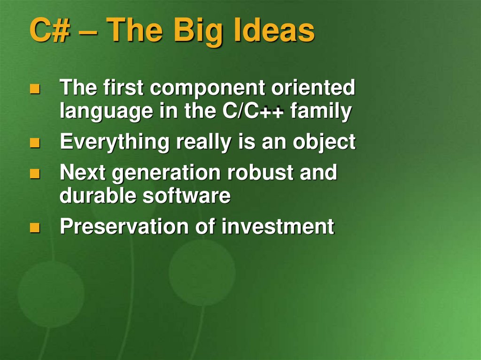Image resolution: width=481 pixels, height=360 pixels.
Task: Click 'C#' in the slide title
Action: pyautogui.click(x=50, y=30)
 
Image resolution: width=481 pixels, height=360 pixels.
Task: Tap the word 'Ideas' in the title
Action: pyautogui.click(x=274, y=30)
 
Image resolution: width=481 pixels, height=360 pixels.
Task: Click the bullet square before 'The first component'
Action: pyautogui.click(x=35, y=89)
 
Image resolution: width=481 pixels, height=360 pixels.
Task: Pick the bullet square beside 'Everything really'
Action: pyautogui.click(x=35, y=143)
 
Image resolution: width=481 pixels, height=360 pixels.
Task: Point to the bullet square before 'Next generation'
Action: pyautogui.click(x=35, y=173)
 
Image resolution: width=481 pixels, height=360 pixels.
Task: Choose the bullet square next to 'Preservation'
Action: pyautogui.click(x=35, y=228)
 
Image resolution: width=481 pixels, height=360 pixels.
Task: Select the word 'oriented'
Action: pyautogui.click(x=313, y=87)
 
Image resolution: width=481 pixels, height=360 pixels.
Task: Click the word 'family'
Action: pyautogui.click(x=321, y=111)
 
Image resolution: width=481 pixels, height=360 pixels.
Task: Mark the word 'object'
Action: pyautogui.click(x=324, y=142)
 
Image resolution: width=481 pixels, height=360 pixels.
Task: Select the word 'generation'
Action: pyautogui.click(x=166, y=173)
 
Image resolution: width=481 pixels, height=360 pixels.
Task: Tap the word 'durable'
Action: pyautogui.click(x=98, y=195)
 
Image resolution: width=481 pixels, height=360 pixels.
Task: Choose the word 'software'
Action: pyautogui.click(x=186, y=196)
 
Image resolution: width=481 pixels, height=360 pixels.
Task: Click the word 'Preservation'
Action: pyautogui.click(x=124, y=226)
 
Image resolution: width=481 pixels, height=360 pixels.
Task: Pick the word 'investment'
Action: pyautogui.click(x=278, y=226)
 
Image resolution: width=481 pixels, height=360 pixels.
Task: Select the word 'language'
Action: pyautogui.click(x=106, y=112)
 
